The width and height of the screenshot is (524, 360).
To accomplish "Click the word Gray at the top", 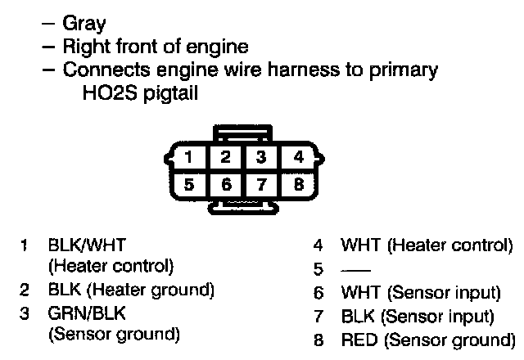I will point(84,25).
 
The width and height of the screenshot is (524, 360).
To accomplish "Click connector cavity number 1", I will point(189,156).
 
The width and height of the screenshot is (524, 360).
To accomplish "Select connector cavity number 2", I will point(225,156).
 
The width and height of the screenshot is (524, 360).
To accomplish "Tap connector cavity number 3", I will point(261,156).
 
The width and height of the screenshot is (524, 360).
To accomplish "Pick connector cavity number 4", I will point(297,156).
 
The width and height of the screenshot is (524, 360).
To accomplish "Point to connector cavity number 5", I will point(189,183).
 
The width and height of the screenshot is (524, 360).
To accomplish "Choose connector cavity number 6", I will point(225,183).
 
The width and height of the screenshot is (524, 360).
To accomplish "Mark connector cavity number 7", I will point(261,183).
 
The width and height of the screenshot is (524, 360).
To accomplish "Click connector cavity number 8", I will point(297,183).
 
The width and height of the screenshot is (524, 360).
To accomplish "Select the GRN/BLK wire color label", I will point(87,313).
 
